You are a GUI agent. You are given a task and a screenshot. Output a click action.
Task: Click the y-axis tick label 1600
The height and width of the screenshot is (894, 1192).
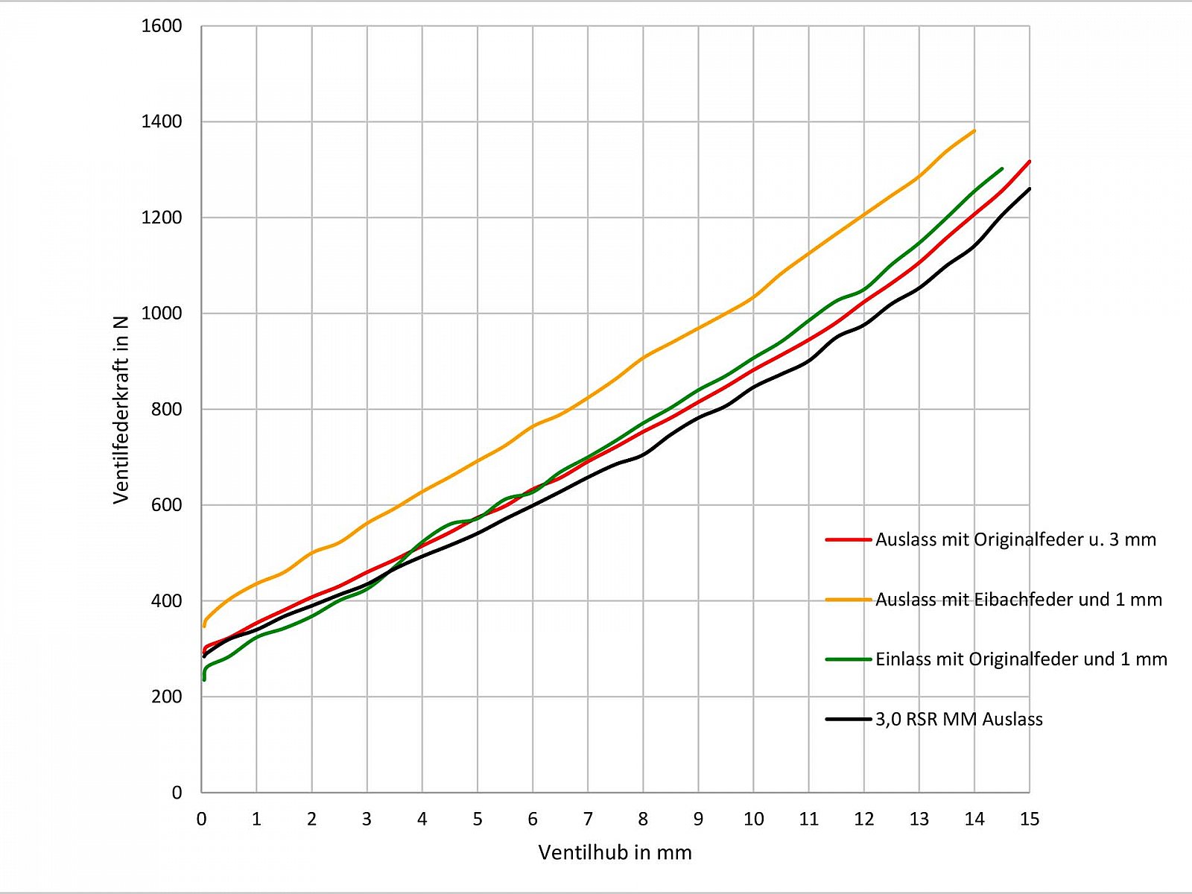[161, 26]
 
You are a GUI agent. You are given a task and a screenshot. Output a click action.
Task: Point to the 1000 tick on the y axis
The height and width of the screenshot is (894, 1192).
[161, 314]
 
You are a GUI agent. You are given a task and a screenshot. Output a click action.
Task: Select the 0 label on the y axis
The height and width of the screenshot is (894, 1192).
[177, 793]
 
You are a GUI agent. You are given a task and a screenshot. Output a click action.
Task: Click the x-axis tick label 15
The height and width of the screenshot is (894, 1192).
[1029, 819]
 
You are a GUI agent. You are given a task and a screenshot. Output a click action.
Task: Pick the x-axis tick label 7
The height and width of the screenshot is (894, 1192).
[588, 819]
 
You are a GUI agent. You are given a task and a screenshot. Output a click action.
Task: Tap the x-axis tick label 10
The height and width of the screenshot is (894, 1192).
[753, 819]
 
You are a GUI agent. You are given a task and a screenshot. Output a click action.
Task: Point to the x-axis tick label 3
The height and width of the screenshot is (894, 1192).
[367, 819]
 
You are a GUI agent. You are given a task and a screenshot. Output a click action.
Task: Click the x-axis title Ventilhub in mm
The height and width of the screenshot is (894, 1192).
[615, 852]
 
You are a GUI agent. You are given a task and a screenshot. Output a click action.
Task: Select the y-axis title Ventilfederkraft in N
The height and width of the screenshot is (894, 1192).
[121, 410]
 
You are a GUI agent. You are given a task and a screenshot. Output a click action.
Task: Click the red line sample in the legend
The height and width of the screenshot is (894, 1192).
[848, 539]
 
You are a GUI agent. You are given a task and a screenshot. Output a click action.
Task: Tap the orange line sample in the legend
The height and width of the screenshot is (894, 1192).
[848, 599]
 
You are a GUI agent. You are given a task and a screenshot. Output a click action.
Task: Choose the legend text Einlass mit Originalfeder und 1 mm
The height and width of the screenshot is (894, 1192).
[1021, 659]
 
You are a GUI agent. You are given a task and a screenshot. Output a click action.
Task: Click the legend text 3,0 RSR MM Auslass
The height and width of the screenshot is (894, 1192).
[959, 719]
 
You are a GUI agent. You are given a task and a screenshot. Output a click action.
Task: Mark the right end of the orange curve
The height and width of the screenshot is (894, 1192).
[974, 131]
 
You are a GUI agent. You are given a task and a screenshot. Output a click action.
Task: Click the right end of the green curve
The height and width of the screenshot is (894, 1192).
[1001, 169]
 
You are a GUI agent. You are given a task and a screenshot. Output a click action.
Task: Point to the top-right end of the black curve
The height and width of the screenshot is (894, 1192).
[1029, 188]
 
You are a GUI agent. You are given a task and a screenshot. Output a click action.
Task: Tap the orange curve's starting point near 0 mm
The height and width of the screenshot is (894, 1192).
[204, 625]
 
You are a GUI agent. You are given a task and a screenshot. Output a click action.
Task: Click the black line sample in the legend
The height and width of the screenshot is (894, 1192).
[848, 719]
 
